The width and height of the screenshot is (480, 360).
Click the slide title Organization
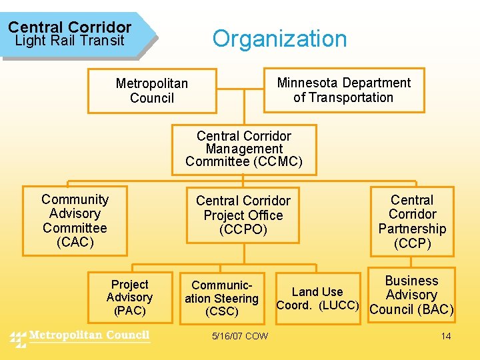pyautogui.click(x=279, y=39)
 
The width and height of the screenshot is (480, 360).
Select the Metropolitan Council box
pyautogui.click(x=152, y=91)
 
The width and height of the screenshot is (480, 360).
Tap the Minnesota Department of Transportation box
pyautogui.click(x=344, y=90)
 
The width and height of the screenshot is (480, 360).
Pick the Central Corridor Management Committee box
pyautogui.click(x=244, y=149)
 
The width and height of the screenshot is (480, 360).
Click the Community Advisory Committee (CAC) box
pyautogui.click(x=75, y=221)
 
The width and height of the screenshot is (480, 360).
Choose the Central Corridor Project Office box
pyautogui.click(x=243, y=215)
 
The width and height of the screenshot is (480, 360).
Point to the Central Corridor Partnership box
pyautogui.click(x=412, y=222)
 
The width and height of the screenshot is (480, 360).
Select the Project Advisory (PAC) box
pyautogui.click(x=129, y=297)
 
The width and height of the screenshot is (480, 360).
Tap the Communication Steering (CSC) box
pyautogui.click(x=221, y=299)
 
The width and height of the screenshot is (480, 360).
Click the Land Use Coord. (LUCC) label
pyautogui.click(x=317, y=299)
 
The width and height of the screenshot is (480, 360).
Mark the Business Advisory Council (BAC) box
pyautogui.click(x=411, y=295)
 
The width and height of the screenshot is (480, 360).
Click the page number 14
pyautogui.click(x=446, y=336)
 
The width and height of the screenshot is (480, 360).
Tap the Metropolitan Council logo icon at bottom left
pyautogui.click(x=18, y=338)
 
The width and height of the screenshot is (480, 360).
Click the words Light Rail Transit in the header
pyautogui.click(x=69, y=41)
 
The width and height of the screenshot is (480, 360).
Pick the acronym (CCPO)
pyautogui.click(x=243, y=229)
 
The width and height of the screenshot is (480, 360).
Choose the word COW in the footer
pyautogui.click(x=256, y=336)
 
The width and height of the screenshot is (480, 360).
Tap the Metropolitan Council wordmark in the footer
pyautogui.click(x=90, y=335)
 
